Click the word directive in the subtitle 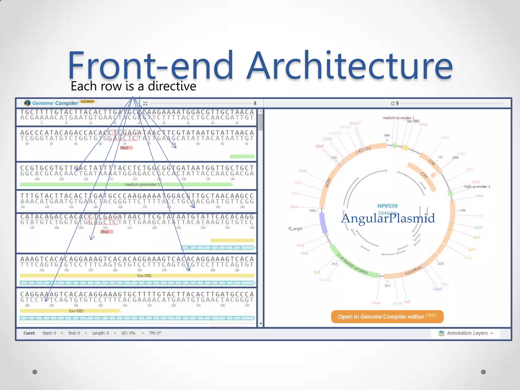(x=172, y=86)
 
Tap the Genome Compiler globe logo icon (x=27, y=103)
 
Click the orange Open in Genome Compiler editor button (x=387, y=317)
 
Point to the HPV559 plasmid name (x=387, y=206)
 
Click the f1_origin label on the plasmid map (x=295, y=229)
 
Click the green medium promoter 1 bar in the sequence (x=126, y=185)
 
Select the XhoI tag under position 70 (x=124, y=148)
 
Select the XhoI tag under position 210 (x=105, y=232)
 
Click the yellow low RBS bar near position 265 (x=137, y=275)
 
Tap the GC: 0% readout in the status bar (x=128, y=333)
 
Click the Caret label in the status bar (x=29, y=333)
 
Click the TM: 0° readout (x=155, y=333)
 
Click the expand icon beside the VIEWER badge (x=145, y=103)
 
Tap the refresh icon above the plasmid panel (x=393, y=103)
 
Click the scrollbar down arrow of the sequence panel (x=261, y=324)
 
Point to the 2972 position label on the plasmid (x=387, y=286)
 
